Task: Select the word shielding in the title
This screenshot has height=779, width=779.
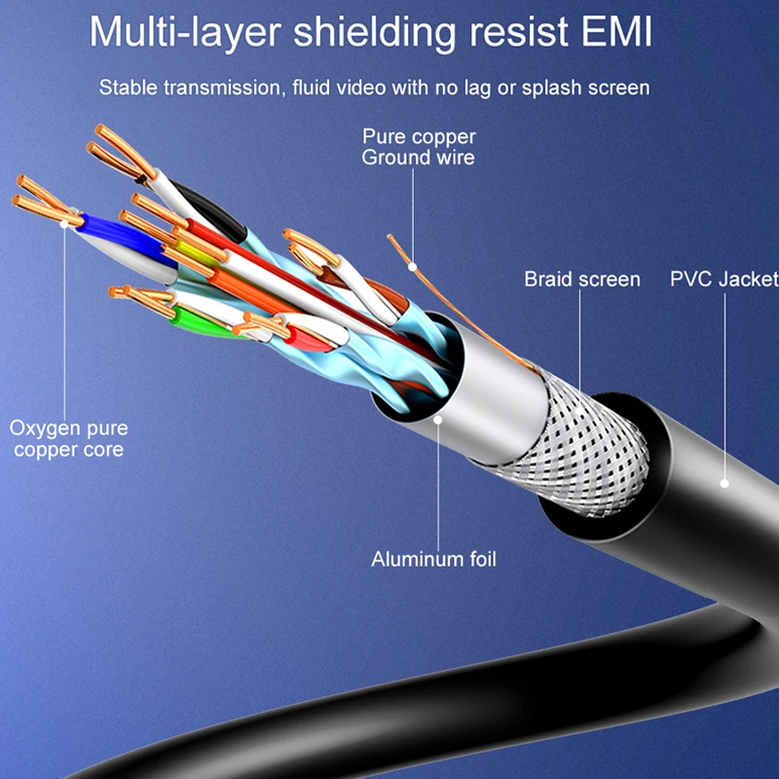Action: (x=363, y=32)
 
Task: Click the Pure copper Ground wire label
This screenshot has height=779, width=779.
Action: (x=418, y=146)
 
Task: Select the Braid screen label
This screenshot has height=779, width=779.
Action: (x=582, y=279)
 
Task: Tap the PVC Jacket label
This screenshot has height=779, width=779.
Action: (x=723, y=279)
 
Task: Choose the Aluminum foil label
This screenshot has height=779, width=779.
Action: (x=433, y=560)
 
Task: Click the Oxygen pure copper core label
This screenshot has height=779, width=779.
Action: (x=69, y=438)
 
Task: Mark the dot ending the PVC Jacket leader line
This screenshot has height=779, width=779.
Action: (x=724, y=482)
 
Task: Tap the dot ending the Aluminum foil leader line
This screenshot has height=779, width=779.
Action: (x=438, y=420)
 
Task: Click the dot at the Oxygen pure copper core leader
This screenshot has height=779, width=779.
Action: (x=66, y=223)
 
